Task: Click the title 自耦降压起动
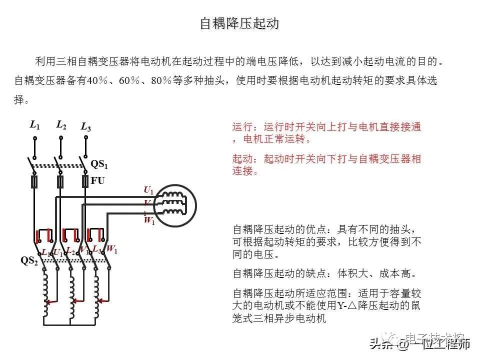[x=239, y=23]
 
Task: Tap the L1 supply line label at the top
[x=34, y=125]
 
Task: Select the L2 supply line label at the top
[x=61, y=124]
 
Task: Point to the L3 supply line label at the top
[x=85, y=127]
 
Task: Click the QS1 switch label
[x=99, y=164]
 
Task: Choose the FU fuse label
[x=98, y=180]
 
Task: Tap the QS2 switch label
[x=29, y=261]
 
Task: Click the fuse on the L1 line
[x=35, y=181]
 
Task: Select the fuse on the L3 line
[x=85, y=181]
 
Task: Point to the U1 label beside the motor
[x=148, y=190]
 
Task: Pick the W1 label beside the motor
[x=149, y=221]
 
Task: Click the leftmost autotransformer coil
[x=46, y=295]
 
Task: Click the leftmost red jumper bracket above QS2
[x=43, y=234]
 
